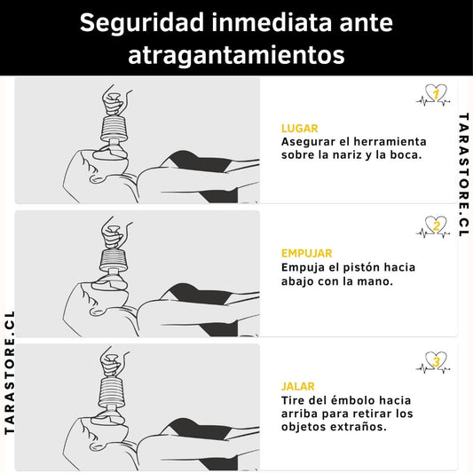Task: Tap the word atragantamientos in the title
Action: click(236, 55)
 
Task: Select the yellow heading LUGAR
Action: click(300, 129)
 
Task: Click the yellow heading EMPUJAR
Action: click(306, 253)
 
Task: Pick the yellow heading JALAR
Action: click(298, 386)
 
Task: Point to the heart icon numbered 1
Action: click(433, 95)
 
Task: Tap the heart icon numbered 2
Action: click(433, 227)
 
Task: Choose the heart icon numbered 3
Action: click(433, 362)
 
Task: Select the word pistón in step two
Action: click(358, 268)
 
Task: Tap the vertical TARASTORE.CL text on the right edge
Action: click(463, 175)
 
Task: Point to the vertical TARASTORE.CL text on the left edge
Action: click(10, 373)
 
